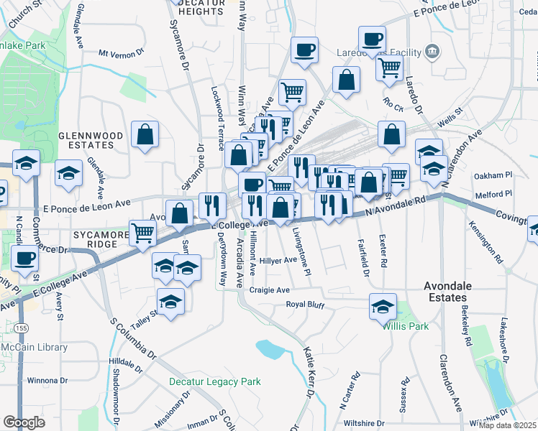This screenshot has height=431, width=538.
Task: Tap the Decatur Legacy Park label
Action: (214, 381)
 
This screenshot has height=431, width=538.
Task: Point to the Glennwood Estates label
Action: (96, 139)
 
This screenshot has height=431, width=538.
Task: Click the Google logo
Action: (24, 422)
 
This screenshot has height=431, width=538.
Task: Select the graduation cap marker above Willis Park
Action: (383, 306)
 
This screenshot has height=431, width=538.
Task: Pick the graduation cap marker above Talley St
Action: (171, 302)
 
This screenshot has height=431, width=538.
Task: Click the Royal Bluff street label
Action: (306, 305)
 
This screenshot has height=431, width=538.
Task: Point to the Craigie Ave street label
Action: (269, 289)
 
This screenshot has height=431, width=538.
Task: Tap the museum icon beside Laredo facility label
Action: (432, 51)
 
